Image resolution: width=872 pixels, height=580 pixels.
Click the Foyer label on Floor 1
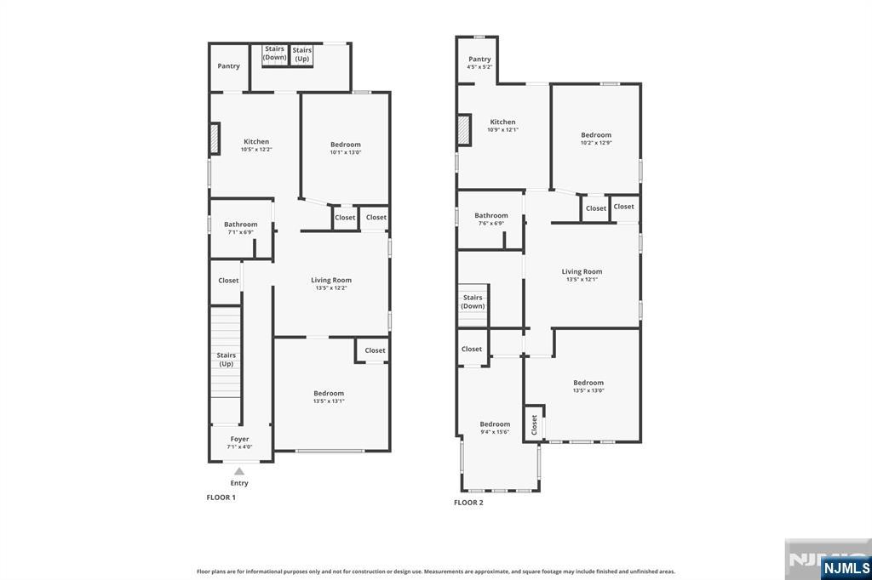[239, 439]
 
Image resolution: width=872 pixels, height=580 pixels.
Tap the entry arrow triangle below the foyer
[239, 471]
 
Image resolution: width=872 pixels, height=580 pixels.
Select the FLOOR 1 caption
[221, 498]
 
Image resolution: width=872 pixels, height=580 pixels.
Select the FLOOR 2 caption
[468, 503]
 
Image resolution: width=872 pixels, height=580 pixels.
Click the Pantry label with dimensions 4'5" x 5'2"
[479, 59]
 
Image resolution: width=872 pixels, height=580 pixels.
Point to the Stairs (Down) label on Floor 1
[274, 53]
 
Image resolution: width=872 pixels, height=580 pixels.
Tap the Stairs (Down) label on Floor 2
[473, 302]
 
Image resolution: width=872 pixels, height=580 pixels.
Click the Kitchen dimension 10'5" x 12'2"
[256, 150]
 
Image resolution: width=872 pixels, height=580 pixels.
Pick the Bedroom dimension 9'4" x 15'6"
[495, 432]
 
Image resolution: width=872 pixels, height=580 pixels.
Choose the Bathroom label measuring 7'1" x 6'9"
[241, 225]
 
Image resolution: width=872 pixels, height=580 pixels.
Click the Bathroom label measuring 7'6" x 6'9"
[491, 215]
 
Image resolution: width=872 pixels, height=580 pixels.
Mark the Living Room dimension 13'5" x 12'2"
[331, 287]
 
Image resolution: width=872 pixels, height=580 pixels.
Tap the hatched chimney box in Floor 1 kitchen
[215, 139]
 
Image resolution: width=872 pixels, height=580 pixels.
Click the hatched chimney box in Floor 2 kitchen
[464, 130]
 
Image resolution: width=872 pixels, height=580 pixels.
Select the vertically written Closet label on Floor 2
[534, 424]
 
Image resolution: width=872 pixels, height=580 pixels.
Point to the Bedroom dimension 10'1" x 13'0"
[346, 152]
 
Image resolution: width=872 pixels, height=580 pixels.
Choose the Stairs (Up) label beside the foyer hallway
[226, 360]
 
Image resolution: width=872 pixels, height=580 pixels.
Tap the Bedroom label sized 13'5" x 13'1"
[329, 393]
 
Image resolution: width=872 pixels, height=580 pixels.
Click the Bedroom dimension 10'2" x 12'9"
[596, 143]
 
